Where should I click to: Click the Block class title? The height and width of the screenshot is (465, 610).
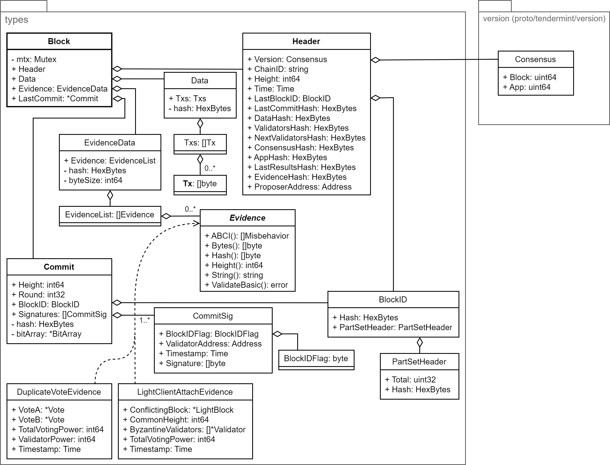click(59, 41)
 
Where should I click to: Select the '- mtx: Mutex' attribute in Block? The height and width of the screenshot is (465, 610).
click(34, 59)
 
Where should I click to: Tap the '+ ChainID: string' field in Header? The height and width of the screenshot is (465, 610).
click(278, 69)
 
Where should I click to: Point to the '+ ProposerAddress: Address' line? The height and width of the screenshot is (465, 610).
click(299, 187)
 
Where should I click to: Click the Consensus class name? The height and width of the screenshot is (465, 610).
click(535, 59)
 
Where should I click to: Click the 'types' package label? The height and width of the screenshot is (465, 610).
click(17, 20)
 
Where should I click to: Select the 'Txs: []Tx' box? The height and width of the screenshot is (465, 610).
click(200, 143)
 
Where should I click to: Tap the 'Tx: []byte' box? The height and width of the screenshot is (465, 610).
click(200, 184)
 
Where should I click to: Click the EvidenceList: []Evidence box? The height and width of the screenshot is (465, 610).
click(109, 215)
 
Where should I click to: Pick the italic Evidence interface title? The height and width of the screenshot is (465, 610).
click(247, 218)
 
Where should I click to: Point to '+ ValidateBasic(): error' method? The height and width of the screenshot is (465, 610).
click(246, 285)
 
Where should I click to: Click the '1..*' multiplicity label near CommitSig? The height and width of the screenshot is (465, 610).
click(144, 321)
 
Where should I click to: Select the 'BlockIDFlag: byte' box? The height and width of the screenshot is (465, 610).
click(316, 359)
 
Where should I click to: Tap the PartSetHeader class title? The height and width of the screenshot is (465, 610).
click(419, 362)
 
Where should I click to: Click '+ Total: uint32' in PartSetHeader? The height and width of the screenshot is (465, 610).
click(410, 380)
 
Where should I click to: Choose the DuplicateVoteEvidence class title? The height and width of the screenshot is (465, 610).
click(59, 392)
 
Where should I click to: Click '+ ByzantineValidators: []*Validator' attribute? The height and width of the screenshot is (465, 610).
click(184, 430)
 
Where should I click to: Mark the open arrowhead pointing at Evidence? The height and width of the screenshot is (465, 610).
click(197, 223)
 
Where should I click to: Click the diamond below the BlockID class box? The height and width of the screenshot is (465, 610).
click(420, 343)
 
